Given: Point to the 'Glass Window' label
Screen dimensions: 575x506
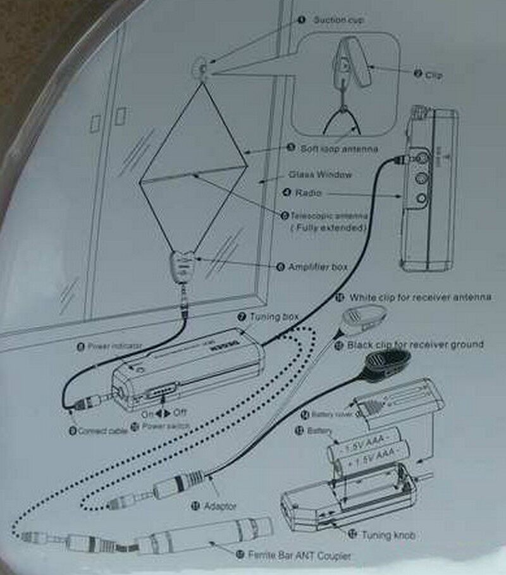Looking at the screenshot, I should pos(320,174).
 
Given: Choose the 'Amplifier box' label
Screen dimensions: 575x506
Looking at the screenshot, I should pos(318,268).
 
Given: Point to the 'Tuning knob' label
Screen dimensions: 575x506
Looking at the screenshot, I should pos(388,535).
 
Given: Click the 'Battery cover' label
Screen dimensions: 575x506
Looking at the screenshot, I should pos(331,415).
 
